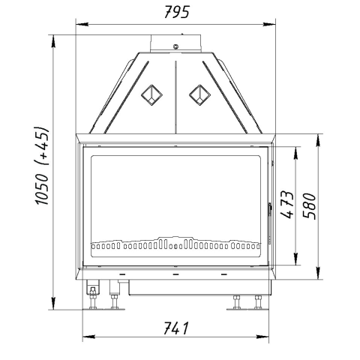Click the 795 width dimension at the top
pyautogui.click(x=177, y=12)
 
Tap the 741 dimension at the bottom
pyautogui.click(x=176, y=328)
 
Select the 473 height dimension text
pyautogui.click(x=286, y=205)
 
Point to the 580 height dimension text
pyautogui.click(x=310, y=206)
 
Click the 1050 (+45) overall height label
pyautogui.click(x=41, y=166)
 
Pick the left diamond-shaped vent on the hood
pyautogui.click(x=151, y=95)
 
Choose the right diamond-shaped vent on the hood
pyautogui.click(x=199, y=95)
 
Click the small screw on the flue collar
pyautogui.click(x=176, y=46)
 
